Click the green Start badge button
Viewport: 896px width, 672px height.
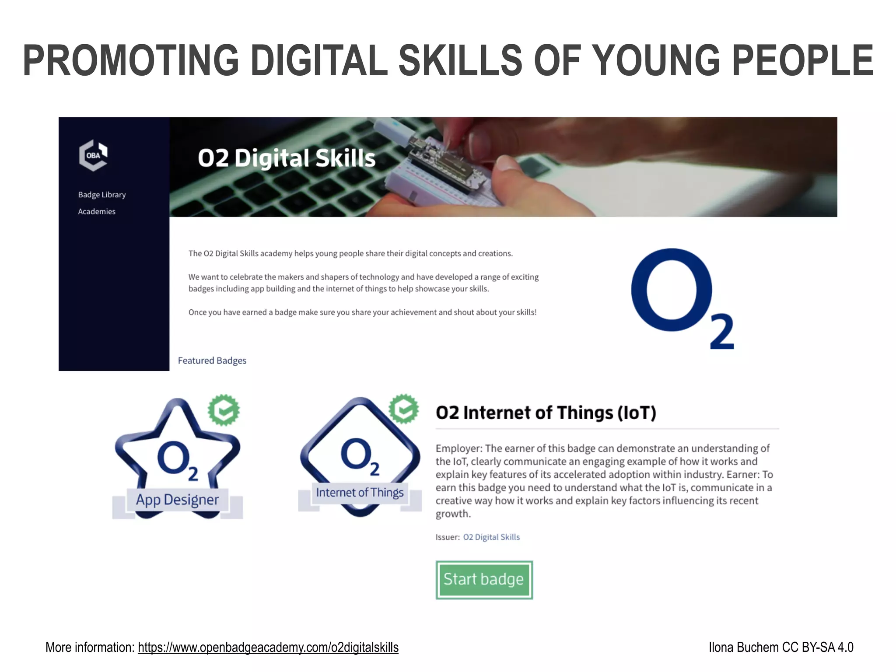point(484,579)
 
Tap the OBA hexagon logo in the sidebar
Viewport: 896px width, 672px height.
point(93,155)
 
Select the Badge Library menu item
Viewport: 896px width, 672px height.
point(102,195)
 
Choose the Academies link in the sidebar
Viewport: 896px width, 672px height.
point(97,211)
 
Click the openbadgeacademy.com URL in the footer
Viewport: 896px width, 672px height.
point(268,647)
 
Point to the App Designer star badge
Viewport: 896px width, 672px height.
point(177,459)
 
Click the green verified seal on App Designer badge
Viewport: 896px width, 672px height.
point(224,410)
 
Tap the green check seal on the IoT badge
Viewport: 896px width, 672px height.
point(404,409)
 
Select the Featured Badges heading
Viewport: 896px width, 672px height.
point(212,360)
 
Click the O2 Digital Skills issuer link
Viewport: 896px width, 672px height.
point(491,537)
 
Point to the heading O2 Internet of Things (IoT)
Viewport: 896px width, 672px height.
point(546,413)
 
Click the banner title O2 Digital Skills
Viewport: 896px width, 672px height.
point(287,158)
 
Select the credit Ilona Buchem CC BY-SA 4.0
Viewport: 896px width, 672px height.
point(780,647)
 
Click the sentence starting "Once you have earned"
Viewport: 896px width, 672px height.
point(362,312)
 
